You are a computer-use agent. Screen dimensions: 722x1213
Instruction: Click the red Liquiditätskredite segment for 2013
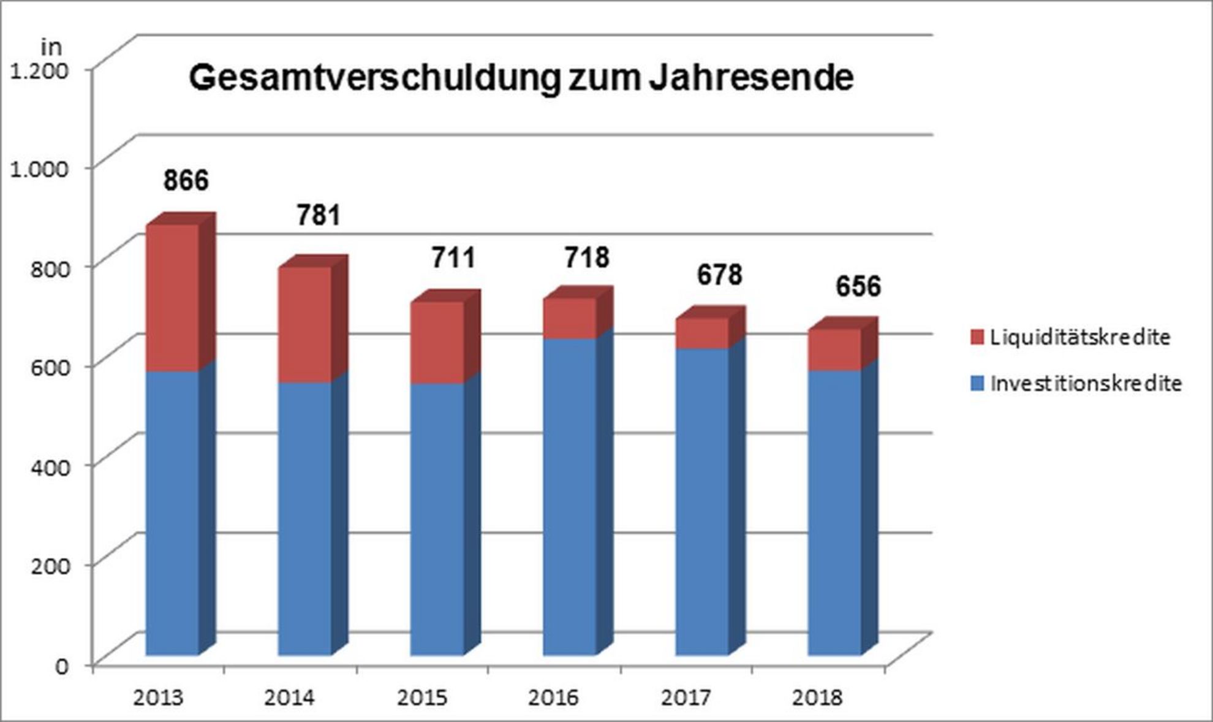tap(172, 298)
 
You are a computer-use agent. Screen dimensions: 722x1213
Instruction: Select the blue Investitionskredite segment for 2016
tap(569, 496)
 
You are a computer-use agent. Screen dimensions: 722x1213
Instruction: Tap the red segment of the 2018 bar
tap(834, 349)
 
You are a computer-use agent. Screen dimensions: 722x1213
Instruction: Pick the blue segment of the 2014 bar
tap(304, 519)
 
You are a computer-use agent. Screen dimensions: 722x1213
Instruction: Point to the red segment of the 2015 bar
tap(437, 343)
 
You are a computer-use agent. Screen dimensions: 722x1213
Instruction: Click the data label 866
tap(186, 180)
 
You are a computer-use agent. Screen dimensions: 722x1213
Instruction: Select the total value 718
tap(587, 257)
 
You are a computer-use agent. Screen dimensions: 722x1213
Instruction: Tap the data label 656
tap(858, 286)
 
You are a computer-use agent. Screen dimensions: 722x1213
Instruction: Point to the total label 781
tap(319, 216)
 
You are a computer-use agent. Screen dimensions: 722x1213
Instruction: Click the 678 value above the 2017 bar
tap(719, 275)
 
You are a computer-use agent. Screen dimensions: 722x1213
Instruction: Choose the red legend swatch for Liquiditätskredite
tap(977, 337)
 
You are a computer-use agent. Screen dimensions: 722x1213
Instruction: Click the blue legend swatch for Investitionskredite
tap(977, 384)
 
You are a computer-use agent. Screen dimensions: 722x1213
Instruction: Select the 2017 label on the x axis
tap(686, 697)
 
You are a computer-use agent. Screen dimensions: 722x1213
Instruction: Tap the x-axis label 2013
tap(158, 697)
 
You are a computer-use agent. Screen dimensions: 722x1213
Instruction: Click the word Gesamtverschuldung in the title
tap(373, 79)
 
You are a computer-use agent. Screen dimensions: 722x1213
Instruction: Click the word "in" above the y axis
tap(51, 47)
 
